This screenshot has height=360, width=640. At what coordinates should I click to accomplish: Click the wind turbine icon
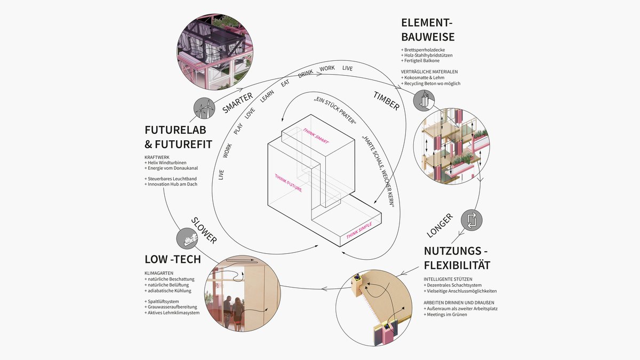204,108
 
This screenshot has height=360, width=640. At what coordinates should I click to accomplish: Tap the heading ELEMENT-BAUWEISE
428,30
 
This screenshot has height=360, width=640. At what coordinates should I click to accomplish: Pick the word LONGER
440,225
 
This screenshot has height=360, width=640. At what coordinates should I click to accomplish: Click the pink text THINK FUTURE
289,182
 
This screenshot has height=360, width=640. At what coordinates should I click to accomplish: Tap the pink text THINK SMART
316,136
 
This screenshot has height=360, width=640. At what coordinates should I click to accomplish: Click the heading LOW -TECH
173,259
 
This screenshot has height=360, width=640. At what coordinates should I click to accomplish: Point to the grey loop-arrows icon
471,220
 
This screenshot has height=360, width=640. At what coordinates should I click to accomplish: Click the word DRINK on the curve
306,74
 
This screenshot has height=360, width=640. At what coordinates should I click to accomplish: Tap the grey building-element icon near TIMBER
425,100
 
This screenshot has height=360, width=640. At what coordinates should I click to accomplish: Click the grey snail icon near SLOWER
188,238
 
